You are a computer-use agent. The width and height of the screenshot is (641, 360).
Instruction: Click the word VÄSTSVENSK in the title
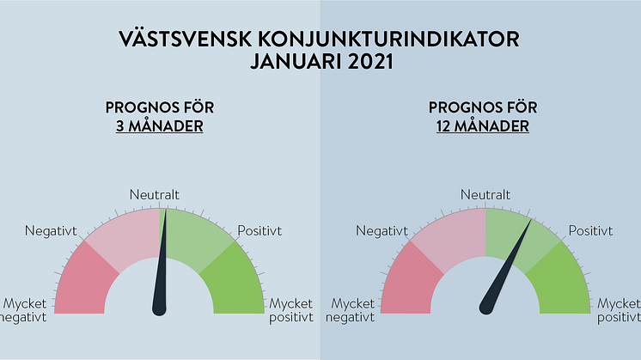pos(186,40)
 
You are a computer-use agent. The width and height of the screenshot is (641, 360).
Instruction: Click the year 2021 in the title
pos(371,62)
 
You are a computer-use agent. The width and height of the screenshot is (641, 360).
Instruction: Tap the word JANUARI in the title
pos(296,62)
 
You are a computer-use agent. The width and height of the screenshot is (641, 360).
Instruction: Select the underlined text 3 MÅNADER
pos(160,125)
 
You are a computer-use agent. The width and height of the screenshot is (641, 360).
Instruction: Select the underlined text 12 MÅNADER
pos(483,125)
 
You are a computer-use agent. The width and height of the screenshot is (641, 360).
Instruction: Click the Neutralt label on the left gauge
pos(155,194)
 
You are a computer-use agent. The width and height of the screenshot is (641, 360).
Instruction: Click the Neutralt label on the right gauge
pos(485,194)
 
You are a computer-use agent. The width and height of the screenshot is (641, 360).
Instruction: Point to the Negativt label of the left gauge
pos(51,231)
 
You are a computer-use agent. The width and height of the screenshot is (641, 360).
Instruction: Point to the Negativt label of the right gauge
pos(382,231)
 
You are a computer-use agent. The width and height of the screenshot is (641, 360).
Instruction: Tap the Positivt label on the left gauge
pos(259,231)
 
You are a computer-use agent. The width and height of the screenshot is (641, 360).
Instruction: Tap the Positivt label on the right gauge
pos(590,231)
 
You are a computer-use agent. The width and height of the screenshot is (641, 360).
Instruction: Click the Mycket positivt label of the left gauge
pos(291,310)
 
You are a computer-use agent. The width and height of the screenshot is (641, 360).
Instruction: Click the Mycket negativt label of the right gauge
pos(350,310)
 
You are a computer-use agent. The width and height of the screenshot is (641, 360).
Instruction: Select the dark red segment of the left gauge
pos(84,282)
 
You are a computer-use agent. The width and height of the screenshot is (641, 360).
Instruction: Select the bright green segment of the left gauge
pos(235,282)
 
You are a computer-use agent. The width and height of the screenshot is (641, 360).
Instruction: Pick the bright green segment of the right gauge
pos(561,282)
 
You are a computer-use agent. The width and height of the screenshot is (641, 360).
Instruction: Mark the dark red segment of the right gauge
pos(410,282)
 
